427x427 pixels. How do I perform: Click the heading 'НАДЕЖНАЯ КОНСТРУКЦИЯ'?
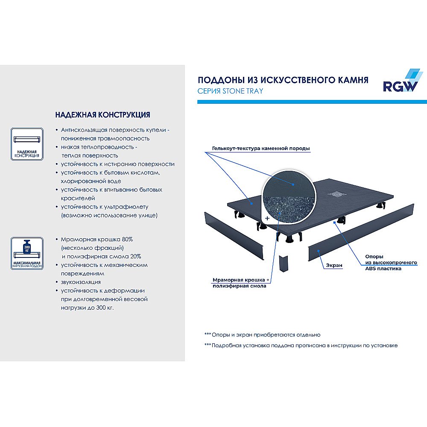click(102, 115)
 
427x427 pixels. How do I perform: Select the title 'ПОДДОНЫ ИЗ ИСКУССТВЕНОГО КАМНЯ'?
click(283, 80)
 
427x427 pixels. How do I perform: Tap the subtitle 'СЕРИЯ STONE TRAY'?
click(230, 91)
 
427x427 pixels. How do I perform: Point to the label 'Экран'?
click(336, 265)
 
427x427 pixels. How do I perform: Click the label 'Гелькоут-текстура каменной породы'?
click(260, 149)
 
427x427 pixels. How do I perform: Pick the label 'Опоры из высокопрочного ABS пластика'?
click(383, 263)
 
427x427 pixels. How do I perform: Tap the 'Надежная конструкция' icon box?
click(26, 144)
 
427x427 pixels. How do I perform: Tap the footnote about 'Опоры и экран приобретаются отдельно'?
click(262, 335)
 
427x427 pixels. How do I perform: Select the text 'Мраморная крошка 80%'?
click(97, 239)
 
